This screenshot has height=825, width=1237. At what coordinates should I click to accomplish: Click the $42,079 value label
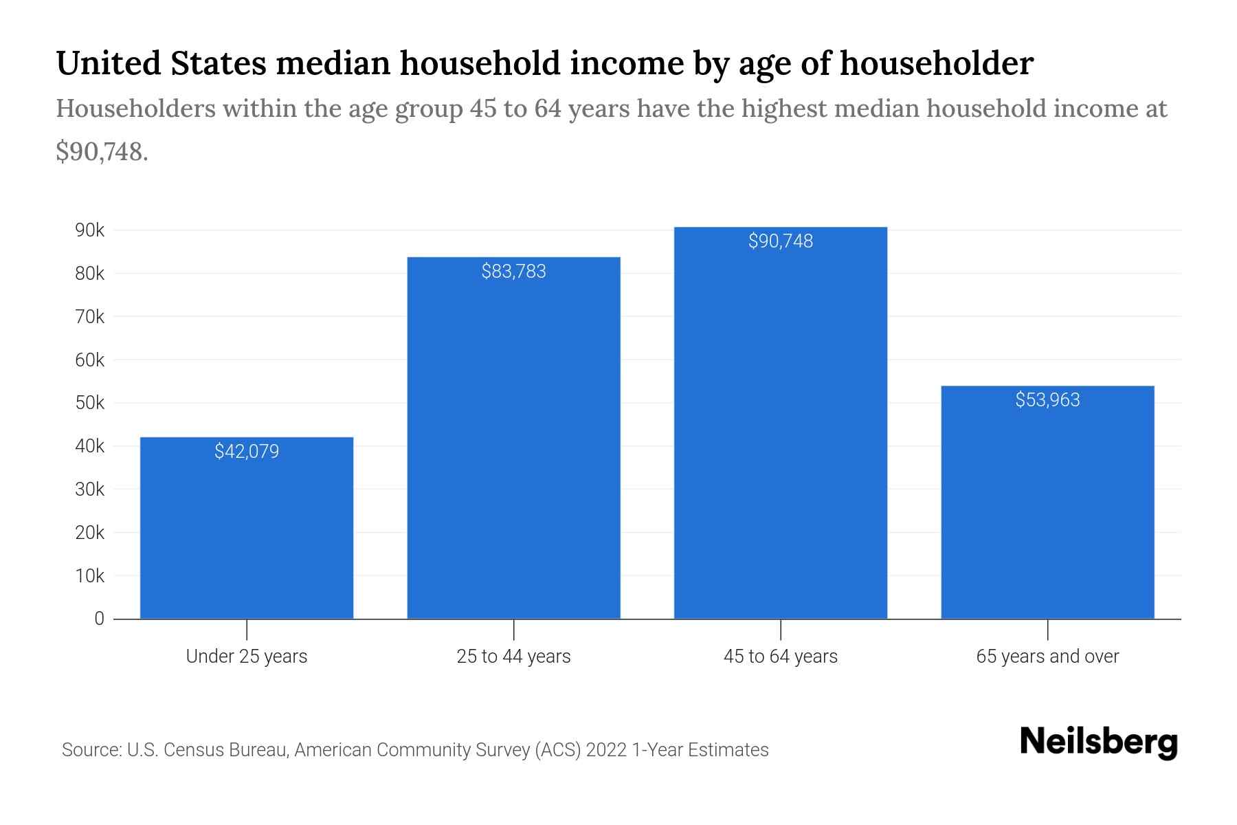(x=247, y=452)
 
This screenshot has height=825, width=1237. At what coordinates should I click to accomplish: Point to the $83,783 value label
(x=513, y=272)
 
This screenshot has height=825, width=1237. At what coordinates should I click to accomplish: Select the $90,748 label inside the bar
(x=781, y=241)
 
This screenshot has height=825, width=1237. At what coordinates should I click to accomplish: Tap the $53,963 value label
(x=1047, y=400)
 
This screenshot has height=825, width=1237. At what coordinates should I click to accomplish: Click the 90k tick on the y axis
(x=90, y=230)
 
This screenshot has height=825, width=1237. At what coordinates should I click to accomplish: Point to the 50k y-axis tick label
(x=90, y=403)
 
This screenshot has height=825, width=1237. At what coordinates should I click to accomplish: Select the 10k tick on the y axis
(x=90, y=576)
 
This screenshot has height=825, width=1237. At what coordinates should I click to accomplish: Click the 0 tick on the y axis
(x=100, y=619)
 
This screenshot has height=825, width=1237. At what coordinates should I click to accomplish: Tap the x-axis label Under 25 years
(x=247, y=657)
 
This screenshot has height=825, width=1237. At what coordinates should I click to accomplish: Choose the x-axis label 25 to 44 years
(x=513, y=657)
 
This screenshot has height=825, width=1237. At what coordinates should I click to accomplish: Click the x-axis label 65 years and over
(x=1047, y=657)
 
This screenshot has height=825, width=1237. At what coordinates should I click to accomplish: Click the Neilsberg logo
(x=1099, y=742)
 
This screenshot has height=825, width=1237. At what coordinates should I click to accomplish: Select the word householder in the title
(x=936, y=63)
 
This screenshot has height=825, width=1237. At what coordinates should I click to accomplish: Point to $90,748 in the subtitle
(x=102, y=151)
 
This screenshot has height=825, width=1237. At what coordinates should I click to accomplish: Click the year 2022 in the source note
(x=606, y=750)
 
